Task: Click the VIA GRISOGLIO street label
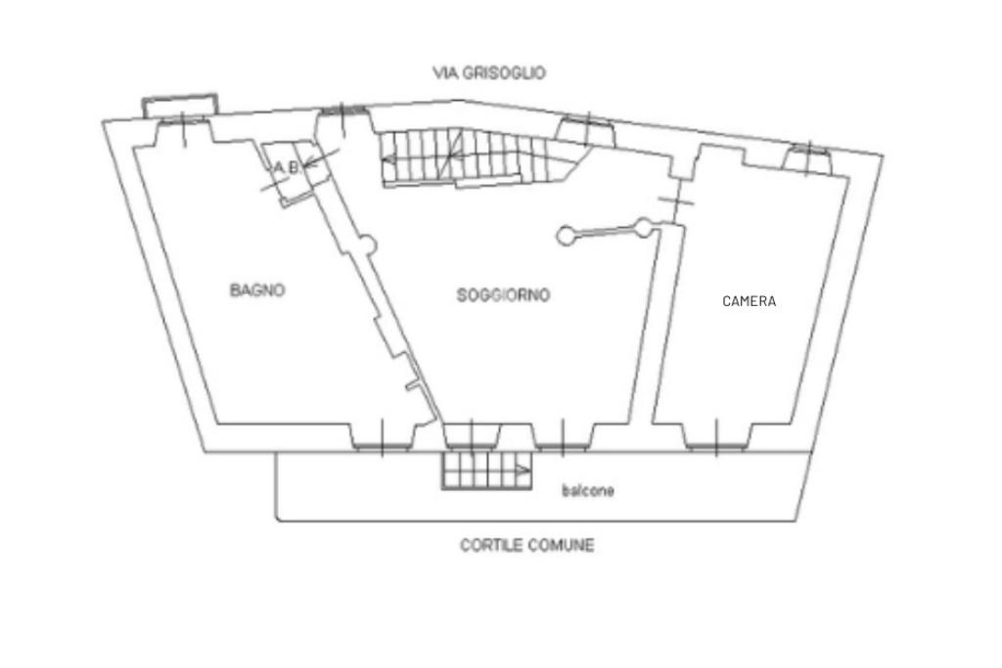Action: [489, 72]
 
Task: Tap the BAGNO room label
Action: [258, 289]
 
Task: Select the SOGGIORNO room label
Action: [503, 294]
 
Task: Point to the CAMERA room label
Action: [749, 301]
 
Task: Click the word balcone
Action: [588, 490]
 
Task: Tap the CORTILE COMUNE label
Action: [526, 545]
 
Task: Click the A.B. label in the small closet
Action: [286, 168]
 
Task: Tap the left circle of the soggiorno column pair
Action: [566, 236]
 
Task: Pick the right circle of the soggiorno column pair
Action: [643, 228]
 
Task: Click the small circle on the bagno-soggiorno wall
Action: [367, 244]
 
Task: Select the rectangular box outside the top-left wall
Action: [179, 105]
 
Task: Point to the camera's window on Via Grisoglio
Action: [808, 159]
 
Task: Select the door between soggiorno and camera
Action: [676, 202]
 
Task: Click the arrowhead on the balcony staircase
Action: [524, 470]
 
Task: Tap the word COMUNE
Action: [561, 545]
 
